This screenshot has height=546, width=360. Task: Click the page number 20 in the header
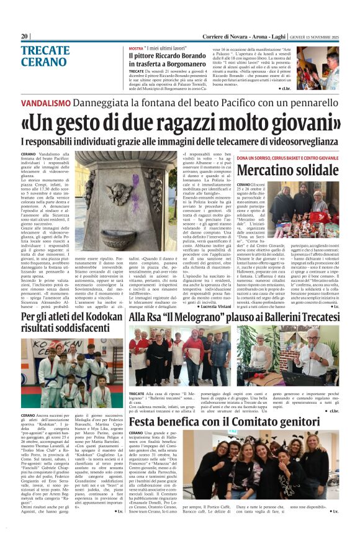click(25, 36)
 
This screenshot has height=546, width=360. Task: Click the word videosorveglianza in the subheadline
click(306, 141)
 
